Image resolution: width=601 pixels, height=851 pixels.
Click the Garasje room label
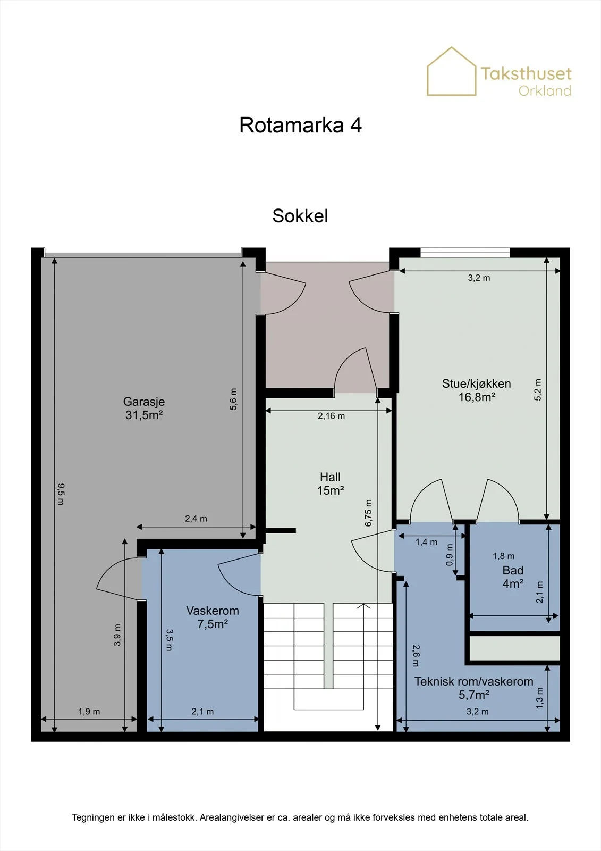tap(144, 402)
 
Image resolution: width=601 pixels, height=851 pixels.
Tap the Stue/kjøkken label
tap(476, 383)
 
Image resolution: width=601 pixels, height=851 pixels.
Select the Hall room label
tap(330, 477)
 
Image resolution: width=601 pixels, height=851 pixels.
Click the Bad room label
tap(513, 570)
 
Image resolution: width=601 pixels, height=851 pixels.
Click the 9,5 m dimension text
tap(61, 494)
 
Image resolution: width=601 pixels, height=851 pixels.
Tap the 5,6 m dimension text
tap(233, 399)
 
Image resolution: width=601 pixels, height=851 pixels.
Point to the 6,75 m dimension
tap(368, 513)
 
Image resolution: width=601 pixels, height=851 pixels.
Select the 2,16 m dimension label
tap(331, 416)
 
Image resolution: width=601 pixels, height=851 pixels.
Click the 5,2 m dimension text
tap(538, 390)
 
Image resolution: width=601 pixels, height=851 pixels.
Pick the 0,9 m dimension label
tap(449, 555)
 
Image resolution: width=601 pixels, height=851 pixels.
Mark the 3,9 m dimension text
tap(117, 635)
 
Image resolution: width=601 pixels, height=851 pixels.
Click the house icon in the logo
tap(452, 71)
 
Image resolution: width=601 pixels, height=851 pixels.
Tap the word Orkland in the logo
tap(545, 91)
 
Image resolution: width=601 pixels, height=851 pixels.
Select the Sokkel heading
tap(300, 215)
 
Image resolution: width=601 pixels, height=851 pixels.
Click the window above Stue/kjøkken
tap(465, 252)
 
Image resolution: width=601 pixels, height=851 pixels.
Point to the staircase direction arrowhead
tap(363, 606)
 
